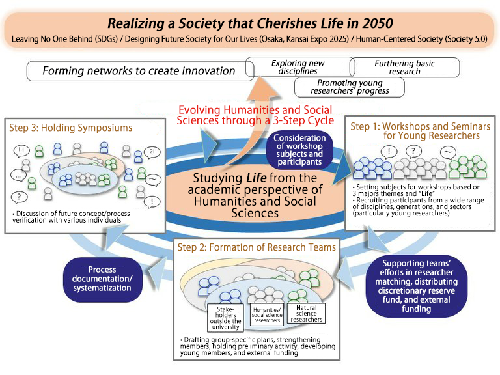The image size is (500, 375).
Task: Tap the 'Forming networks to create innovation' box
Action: [138, 70]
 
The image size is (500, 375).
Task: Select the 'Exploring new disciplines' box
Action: [297, 67]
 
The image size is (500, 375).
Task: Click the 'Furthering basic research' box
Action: [404, 67]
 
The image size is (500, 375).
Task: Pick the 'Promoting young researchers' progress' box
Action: [349, 87]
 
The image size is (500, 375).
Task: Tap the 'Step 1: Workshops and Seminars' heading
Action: [415, 130]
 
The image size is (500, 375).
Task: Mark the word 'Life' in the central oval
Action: [252, 178]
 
